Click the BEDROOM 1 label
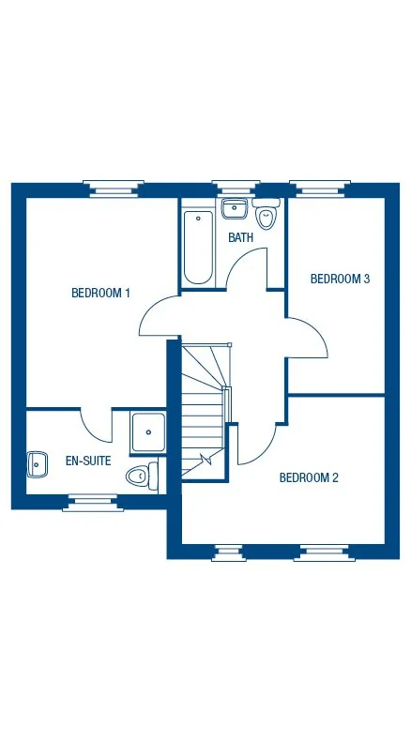pos(100,294)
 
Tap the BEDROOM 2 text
pos(309,477)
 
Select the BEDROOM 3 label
pos(340,279)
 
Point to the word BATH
pos(241,238)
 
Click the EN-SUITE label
pos(88,461)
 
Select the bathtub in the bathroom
pos(198,247)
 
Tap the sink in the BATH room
pos(234,208)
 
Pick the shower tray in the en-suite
pos(148,432)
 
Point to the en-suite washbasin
pos(38,461)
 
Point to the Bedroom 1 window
pos(116,189)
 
